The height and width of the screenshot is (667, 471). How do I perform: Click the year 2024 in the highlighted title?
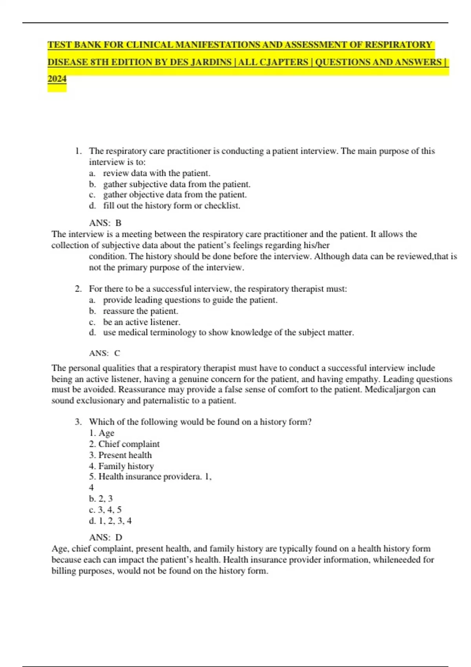click(57, 79)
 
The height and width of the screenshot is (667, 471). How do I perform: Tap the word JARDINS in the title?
click(211, 62)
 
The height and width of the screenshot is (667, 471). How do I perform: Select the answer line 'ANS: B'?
click(105, 223)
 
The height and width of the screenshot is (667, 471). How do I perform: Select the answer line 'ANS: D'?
click(106, 538)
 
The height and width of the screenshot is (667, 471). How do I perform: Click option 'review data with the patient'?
click(156, 173)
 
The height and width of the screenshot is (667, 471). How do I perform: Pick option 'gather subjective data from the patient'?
click(176, 184)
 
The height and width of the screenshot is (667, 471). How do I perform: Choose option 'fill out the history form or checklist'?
click(172, 206)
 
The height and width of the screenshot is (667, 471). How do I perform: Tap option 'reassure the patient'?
click(140, 311)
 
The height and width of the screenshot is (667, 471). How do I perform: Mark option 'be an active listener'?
click(141, 322)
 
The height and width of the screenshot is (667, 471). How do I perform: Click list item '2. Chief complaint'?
click(124, 444)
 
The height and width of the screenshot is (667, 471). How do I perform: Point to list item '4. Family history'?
click(121, 466)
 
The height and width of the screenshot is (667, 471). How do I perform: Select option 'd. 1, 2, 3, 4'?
click(110, 521)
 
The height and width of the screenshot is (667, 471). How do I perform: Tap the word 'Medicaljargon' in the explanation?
click(392, 390)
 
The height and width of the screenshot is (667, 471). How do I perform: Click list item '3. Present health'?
click(120, 455)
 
